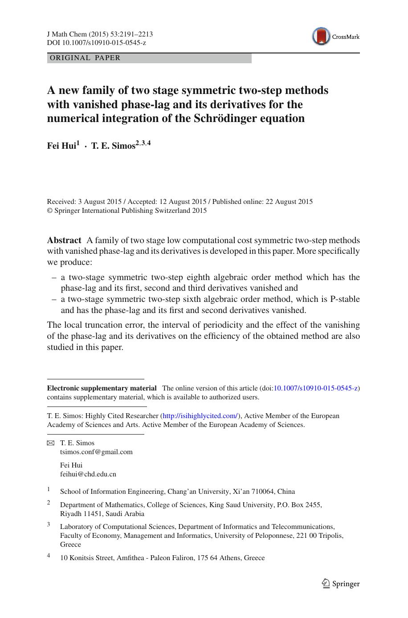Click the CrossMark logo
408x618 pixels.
335,37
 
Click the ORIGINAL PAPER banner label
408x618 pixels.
85,58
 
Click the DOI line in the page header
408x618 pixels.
96,43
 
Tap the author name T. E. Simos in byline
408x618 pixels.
113,146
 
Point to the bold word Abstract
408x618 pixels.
64,240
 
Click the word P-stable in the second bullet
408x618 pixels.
344,299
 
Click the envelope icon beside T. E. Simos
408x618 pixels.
50,443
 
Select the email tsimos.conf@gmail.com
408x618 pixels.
96,452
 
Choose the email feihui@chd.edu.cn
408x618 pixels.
88,474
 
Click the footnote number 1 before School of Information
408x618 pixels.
49,489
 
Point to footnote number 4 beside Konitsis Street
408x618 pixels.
49,556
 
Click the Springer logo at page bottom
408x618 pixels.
341,584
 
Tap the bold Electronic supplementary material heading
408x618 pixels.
102,388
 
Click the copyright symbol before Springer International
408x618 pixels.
50,211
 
